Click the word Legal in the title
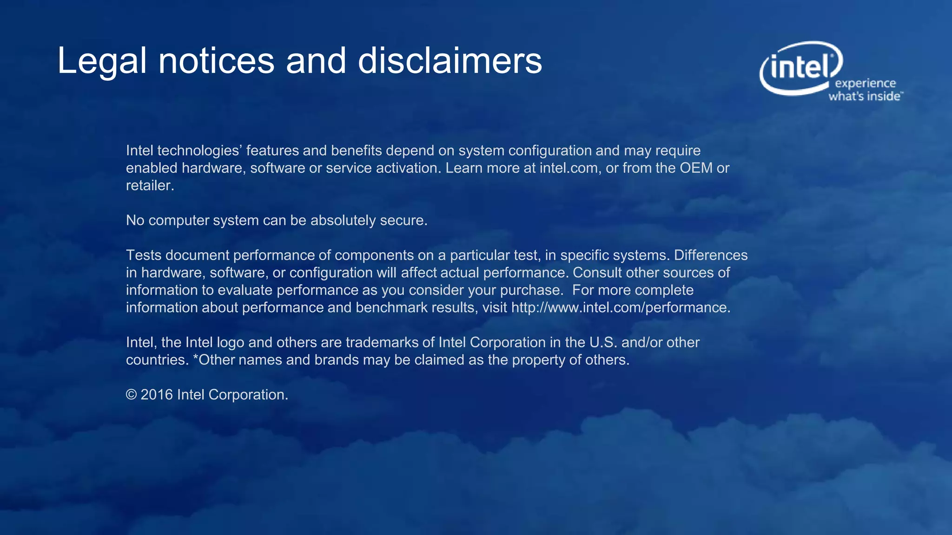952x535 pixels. pos(102,61)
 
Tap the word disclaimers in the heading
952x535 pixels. pos(450,60)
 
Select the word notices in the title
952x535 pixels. pos(217,61)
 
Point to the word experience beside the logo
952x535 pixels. pos(865,84)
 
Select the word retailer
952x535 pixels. pos(150,186)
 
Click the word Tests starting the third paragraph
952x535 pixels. pos(143,255)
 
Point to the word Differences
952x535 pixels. pos(711,255)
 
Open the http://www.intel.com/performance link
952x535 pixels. pos(621,307)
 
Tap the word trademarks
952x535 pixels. pos(382,343)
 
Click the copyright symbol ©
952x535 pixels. pos(132,395)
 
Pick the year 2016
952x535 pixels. pos(157,395)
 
